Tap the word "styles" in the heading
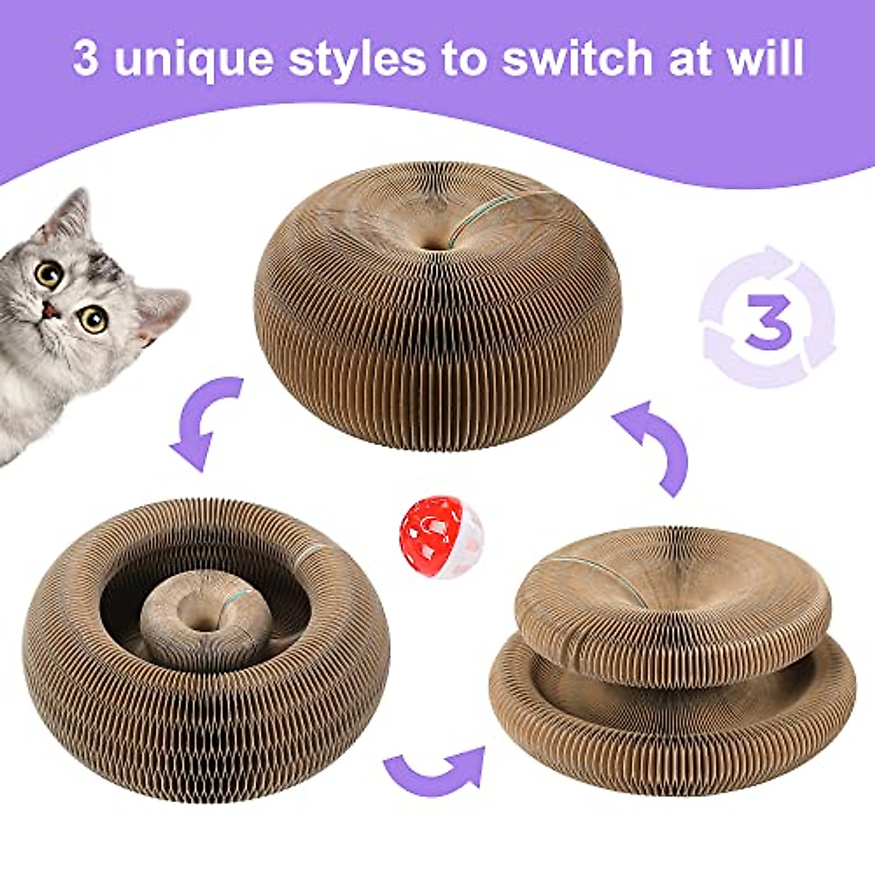tap(357, 58)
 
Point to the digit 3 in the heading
tap(85, 58)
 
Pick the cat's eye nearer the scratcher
tap(94, 319)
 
